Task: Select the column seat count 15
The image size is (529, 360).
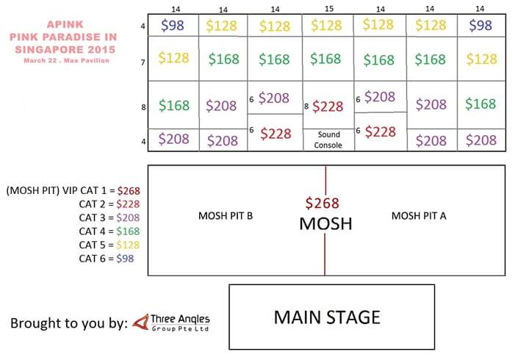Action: coord(328,8)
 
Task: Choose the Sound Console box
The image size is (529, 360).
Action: coord(328,140)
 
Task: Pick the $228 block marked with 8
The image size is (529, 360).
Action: coord(328,107)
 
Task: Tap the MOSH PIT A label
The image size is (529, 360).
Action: coord(419,216)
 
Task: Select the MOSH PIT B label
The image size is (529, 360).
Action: coord(226,216)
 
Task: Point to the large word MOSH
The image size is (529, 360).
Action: coord(325,223)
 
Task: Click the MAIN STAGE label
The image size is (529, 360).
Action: coord(327,317)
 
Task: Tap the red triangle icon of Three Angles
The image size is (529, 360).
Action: coord(140,322)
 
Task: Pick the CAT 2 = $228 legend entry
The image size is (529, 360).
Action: coord(109,204)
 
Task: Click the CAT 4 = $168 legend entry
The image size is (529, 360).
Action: coord(109,231)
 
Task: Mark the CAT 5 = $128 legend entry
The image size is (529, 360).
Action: coord(109,245)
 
